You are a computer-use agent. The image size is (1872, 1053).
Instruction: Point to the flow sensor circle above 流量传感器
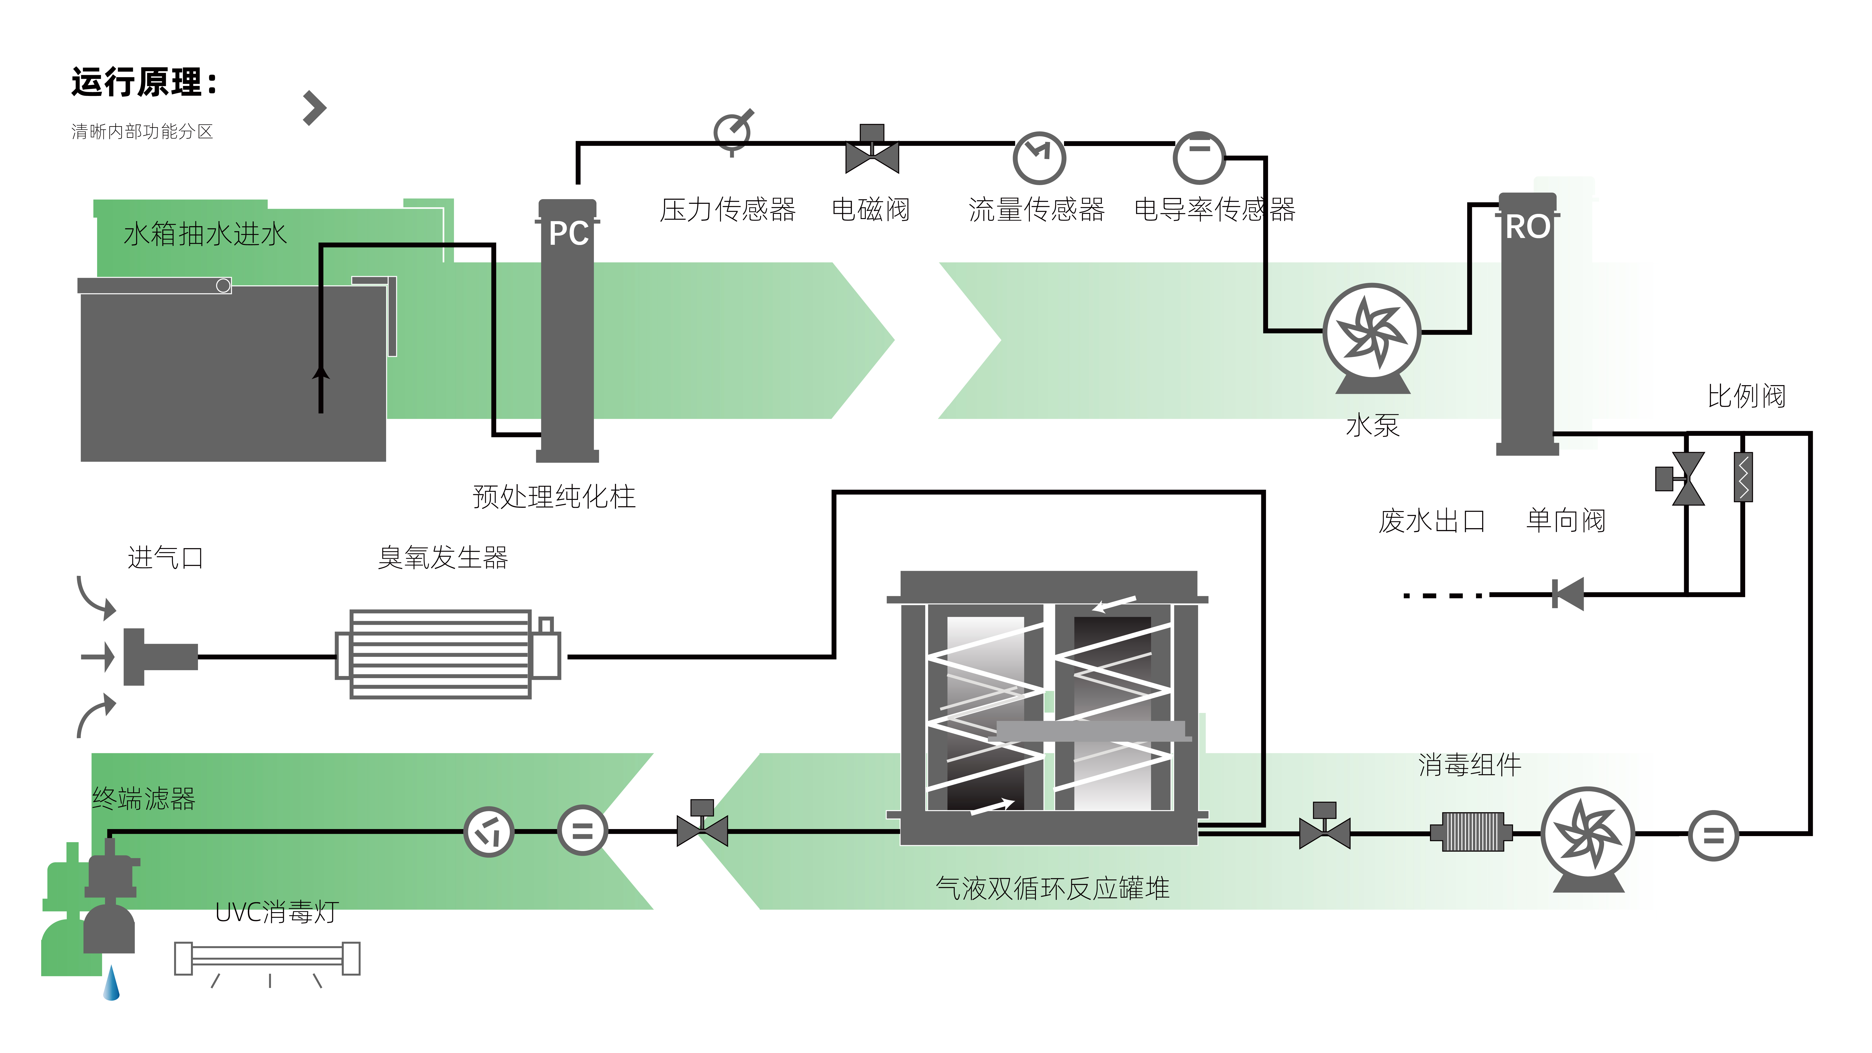tap(1039, 157)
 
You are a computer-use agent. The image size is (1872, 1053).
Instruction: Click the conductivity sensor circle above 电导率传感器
tap(1199, 157)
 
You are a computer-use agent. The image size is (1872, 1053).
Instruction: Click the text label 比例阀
tap(1746, 396)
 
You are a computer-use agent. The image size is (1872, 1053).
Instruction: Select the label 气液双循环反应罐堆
tap(1052, 888)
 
